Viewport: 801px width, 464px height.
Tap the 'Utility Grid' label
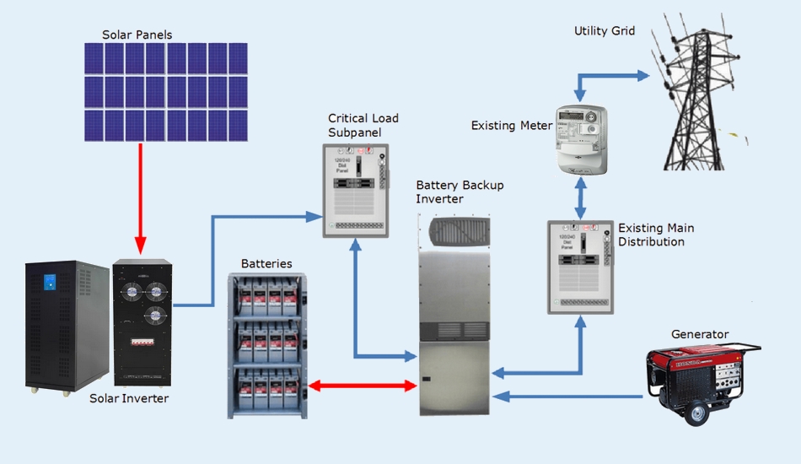tap(605, 31)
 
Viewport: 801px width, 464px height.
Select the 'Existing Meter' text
tap(512, 126)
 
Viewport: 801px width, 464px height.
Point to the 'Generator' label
tap(700, 334)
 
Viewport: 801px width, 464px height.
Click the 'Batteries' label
tap(266, 264)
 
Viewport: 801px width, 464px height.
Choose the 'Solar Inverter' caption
tap(129, 398)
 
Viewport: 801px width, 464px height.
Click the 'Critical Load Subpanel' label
tap(363, 125)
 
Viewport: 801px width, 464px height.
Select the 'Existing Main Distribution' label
tap(656, 235)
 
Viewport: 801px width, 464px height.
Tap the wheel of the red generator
tap(697, 414)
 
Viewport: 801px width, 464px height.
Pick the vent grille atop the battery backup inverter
tap(454, 229)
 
